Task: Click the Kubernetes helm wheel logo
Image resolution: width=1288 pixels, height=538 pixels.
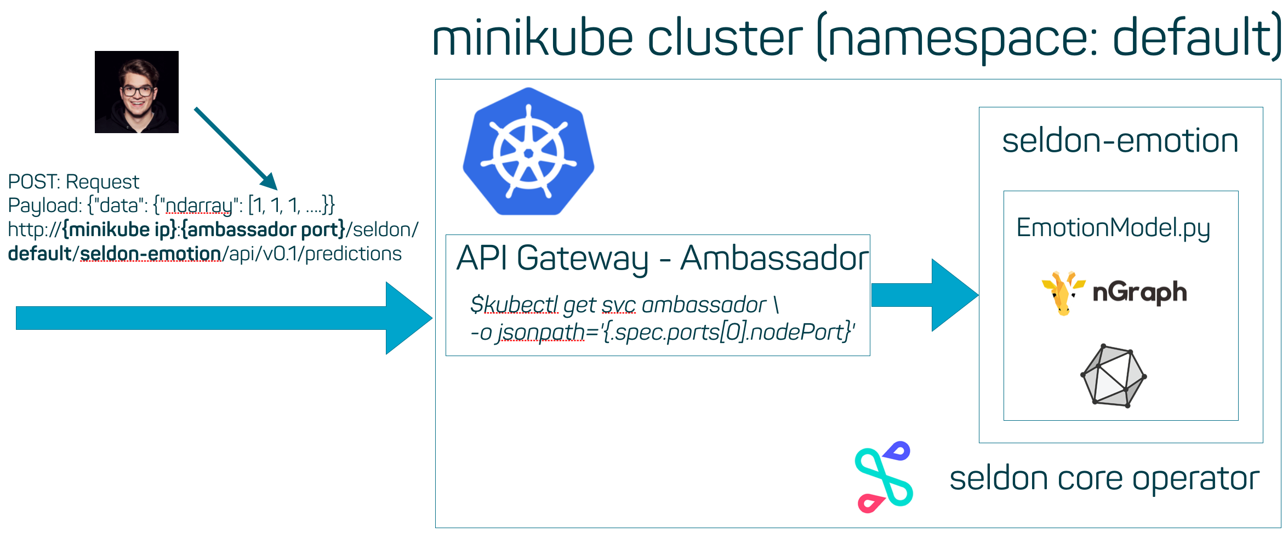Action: pos(528,152)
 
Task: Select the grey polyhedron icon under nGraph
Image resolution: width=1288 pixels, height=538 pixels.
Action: pos(1113,376)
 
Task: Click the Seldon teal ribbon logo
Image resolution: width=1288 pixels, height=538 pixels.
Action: pos(884,477)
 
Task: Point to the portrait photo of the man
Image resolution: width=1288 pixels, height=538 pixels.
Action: pos(136,92)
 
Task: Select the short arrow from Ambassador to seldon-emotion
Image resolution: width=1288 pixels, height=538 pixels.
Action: pos(924,295)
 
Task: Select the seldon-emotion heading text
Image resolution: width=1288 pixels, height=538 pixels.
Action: pos(1120,141)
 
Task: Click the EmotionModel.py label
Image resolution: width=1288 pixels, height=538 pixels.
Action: pos(1113,228)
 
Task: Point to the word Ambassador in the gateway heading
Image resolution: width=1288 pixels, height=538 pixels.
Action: pos(774,258)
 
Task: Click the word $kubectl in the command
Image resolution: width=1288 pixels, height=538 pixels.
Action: pos(514,305)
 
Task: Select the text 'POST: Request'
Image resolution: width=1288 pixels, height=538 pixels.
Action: pos(73,181)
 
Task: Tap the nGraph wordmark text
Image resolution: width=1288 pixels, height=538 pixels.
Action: pos(1139,293)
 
